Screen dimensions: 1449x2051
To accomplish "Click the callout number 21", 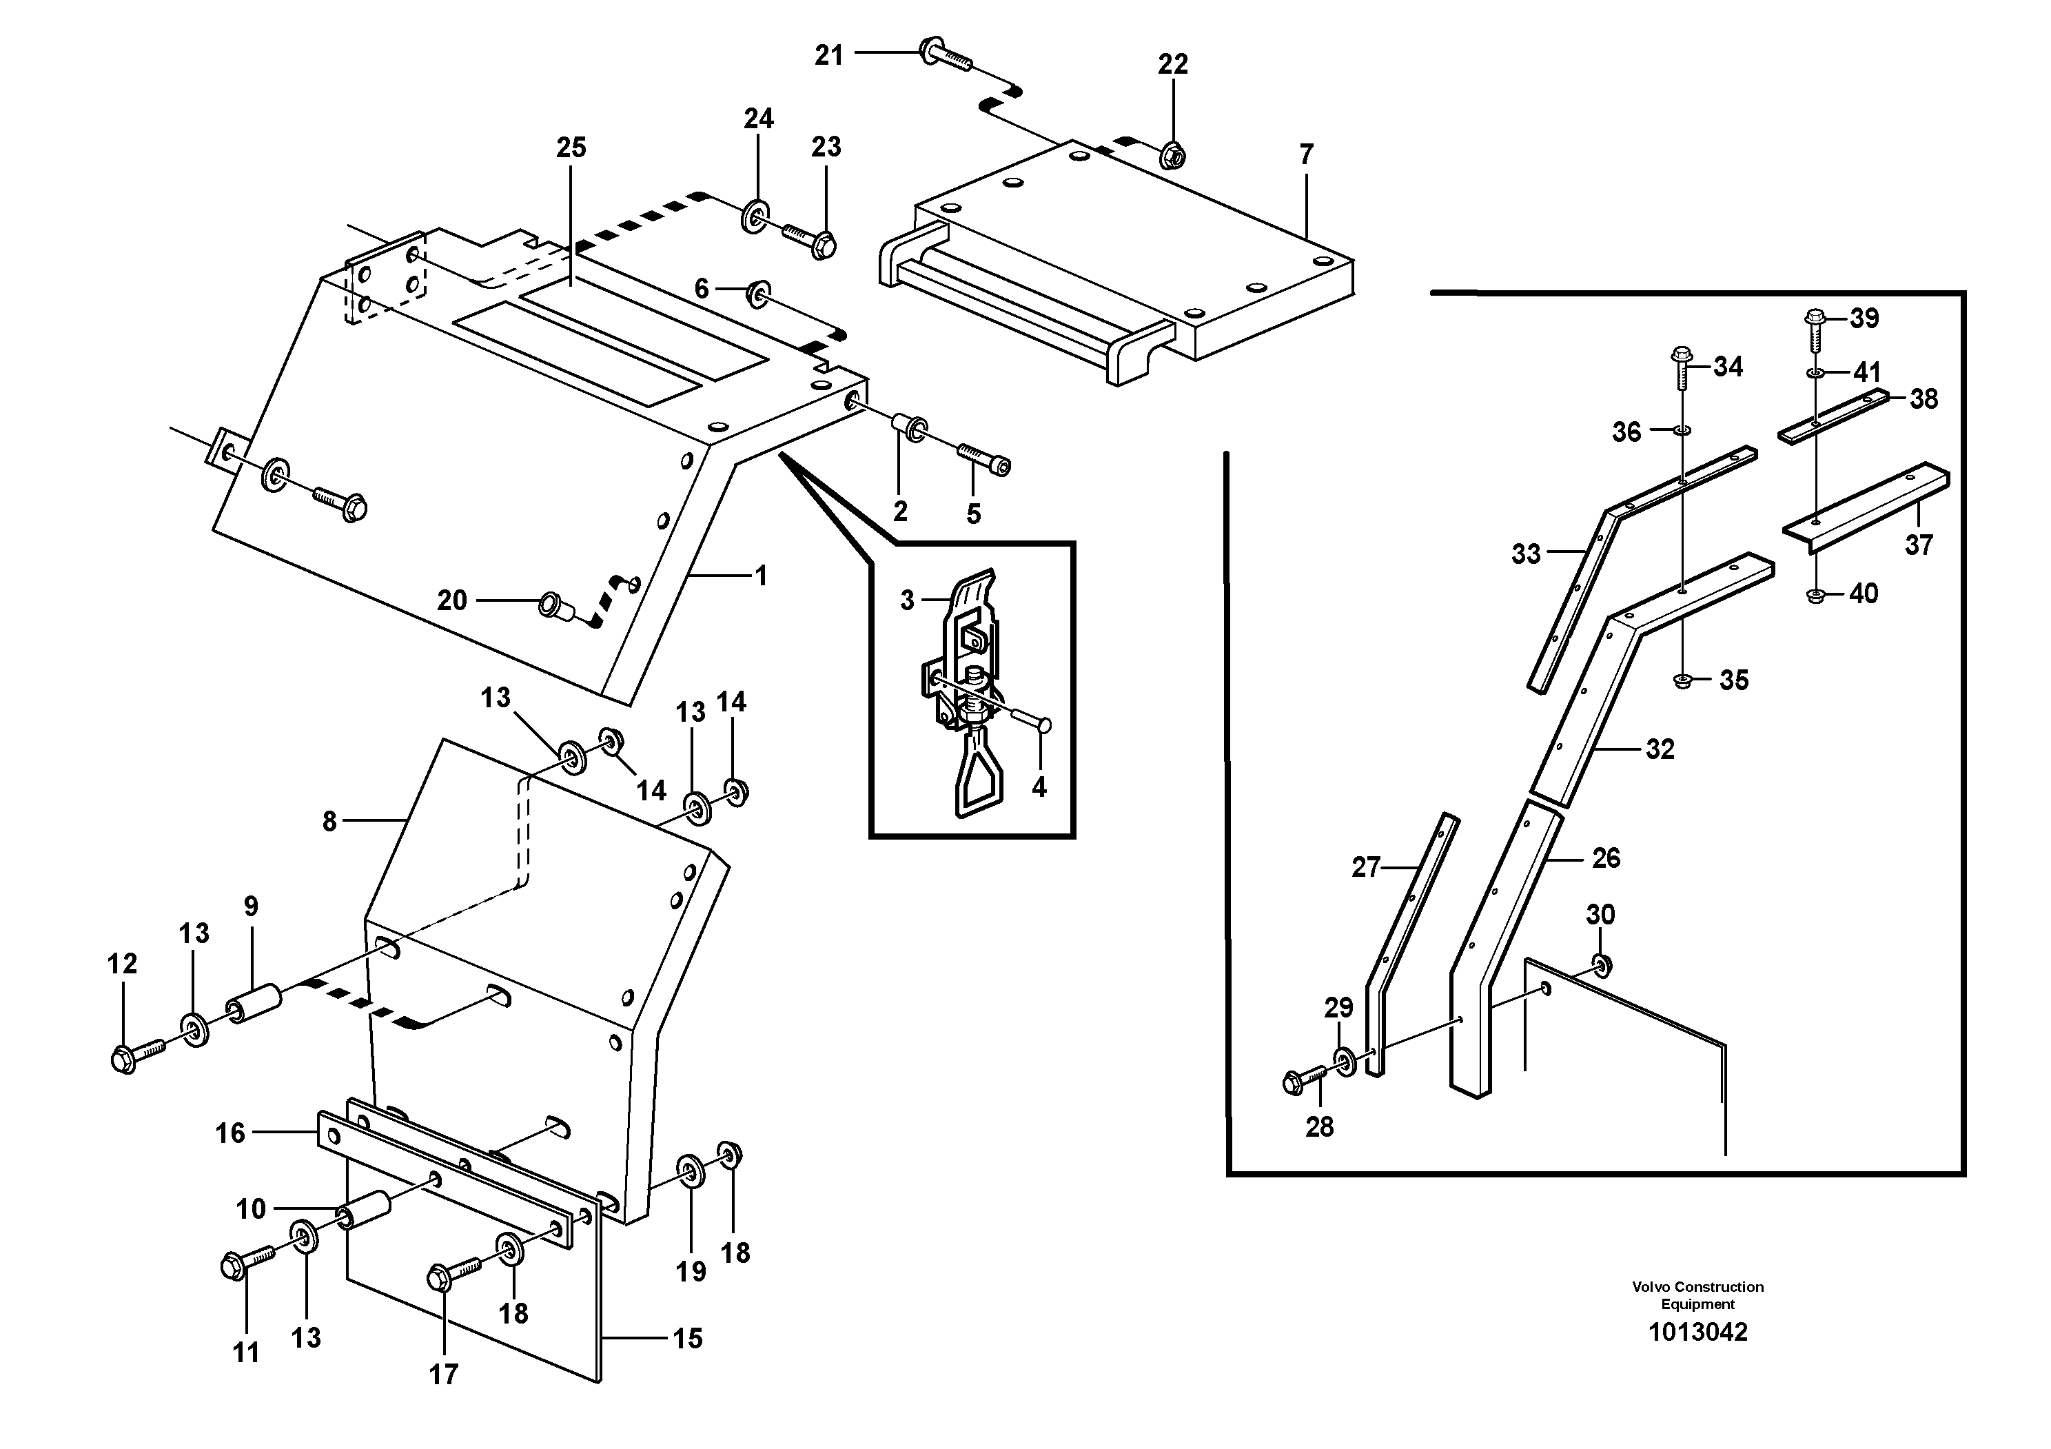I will tap(828, 55).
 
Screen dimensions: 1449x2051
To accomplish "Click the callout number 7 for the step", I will tap(1306, 155).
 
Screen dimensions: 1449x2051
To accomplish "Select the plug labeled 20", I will tap(555, 607).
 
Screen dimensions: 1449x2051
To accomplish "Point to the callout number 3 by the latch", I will tap(907, 600).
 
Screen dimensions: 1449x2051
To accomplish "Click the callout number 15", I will tap(687, 1338).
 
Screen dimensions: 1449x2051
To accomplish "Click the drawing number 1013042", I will tap(1697, 1332).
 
